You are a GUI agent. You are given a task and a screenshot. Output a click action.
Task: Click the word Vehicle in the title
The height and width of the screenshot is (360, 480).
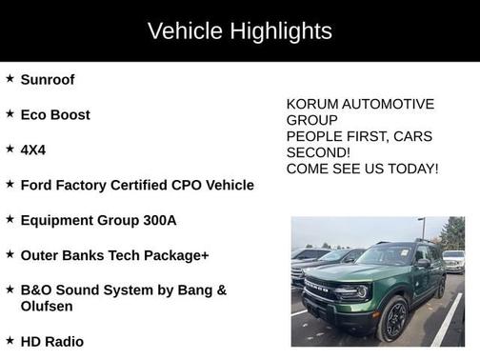coord(187,30)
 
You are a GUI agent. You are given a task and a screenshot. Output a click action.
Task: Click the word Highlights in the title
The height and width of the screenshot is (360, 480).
coord(281,30)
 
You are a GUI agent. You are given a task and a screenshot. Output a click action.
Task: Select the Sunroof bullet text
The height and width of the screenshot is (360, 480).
coord(48,80)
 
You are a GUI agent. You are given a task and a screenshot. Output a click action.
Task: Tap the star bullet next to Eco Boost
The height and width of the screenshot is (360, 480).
coord(10,114)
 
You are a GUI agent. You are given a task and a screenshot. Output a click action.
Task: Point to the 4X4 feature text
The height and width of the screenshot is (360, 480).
coord(32,150)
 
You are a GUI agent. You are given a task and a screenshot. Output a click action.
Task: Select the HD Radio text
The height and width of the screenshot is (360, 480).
coord(52,341)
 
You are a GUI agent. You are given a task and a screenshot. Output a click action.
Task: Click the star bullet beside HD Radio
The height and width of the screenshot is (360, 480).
coord(10,340)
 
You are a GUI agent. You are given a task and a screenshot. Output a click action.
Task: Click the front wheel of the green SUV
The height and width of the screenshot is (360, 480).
coord(395,319)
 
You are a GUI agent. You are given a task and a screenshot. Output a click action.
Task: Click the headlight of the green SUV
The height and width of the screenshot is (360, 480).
coord(359,292)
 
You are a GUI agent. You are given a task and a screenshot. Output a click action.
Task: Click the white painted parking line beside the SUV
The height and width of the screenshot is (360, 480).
coord(446,324)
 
